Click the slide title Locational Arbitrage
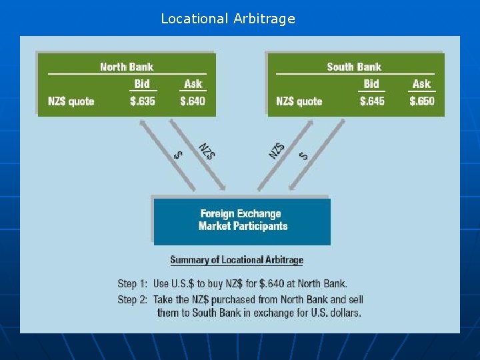pos(227,19)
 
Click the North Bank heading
pos(127,67)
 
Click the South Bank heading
pos(354,67)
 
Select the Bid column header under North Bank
pos(142,84)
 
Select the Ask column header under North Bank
pos(193,84)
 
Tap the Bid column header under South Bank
pos(371,84)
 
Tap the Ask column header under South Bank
pos(421,84)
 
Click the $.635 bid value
pos(143,101)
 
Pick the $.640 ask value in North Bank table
pos(193,101)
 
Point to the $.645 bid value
pos(372,101)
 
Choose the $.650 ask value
pos(421,101)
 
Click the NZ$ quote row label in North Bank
pos(71,101)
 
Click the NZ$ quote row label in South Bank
pos(299,101)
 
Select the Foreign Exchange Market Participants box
pos(242,221)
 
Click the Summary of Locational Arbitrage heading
pos(237,260)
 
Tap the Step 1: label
pos(132,284)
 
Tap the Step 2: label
pos(132,299)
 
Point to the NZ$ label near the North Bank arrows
pos(207,151)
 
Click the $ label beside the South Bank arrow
pos(304,155)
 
